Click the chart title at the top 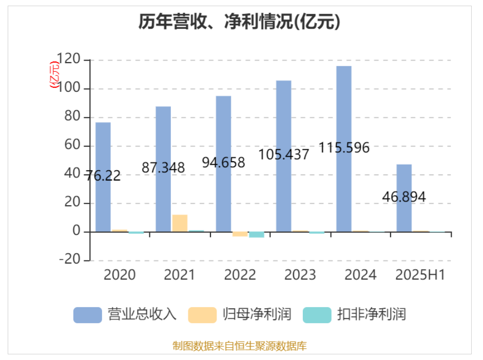coord(240,22)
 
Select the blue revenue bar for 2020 coord(103,154)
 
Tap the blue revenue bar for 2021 coord(163,144)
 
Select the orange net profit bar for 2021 coord(180,223)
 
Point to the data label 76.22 coord(103,176)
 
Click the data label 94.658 coord(223,163)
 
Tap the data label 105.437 coord(284,154)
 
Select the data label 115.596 coord(344,148)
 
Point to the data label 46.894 coord(404,196)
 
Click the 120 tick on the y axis coord(70,60)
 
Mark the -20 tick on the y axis coord(70,260)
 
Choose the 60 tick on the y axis coord(74,146)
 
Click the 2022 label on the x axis coord(240,275)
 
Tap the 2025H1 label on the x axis coord(420,275)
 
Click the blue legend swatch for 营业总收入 coord(88,314)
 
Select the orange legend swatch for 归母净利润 coord(202,314)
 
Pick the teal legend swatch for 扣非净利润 coord(317,314)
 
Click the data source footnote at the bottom coord(240,346)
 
